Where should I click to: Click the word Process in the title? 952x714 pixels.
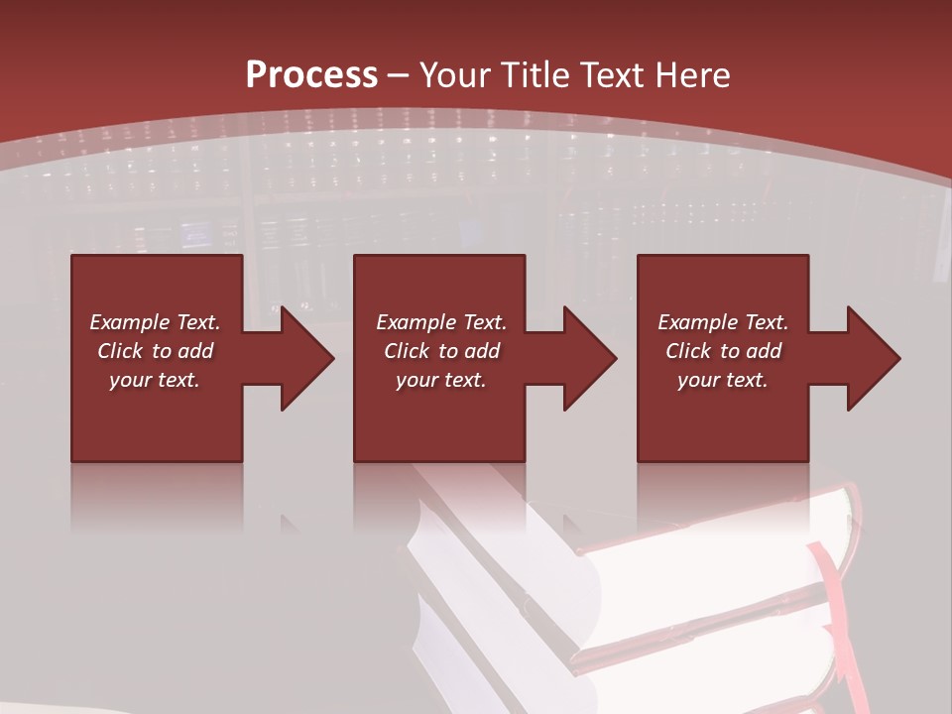311,75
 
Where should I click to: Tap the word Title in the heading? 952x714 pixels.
531,75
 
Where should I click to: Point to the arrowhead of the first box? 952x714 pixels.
303,358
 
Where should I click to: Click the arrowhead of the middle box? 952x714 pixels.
586,358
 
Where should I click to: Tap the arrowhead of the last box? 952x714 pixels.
870,358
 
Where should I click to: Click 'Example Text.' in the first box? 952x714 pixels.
155,322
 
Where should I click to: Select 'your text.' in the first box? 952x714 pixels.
155,380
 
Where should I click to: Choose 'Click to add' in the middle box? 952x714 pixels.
441,351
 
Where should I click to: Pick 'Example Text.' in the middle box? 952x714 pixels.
441,322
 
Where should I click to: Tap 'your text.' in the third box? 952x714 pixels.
723,380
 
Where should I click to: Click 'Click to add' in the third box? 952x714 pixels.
723,351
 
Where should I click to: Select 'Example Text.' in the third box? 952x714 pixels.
723,322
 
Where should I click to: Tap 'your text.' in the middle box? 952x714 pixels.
441,380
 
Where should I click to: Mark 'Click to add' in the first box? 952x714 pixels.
155,351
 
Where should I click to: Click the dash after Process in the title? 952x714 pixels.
399,75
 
